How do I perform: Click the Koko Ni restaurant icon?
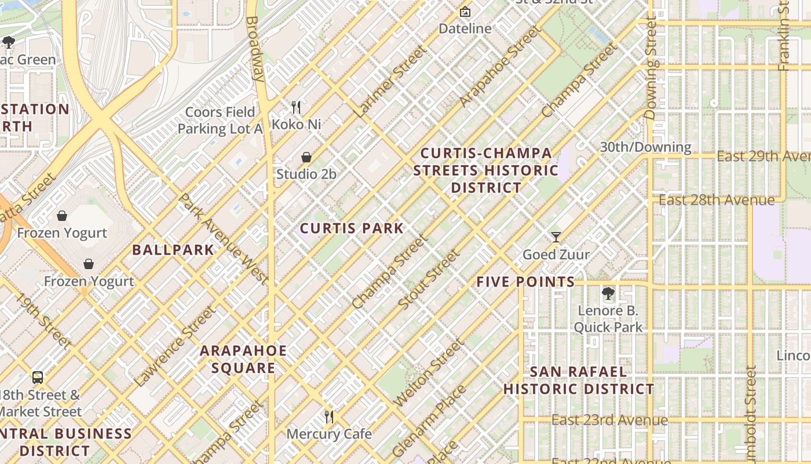296,107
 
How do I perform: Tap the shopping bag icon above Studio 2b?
306,157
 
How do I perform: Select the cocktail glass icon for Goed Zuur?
556,237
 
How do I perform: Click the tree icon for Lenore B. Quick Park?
608,293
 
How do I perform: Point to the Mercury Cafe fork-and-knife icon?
329,416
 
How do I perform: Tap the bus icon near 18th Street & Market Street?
38,377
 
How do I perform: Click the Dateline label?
465,28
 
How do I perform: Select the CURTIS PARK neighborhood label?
352,228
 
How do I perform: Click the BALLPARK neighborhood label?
173,250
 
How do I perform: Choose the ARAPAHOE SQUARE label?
243,360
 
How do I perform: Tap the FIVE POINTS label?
525,282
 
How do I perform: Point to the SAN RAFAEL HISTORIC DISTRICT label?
579,380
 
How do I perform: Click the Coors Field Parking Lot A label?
220,120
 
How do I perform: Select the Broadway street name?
255,49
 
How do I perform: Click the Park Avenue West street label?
223,239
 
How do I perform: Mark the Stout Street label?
429,279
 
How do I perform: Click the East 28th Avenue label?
717,200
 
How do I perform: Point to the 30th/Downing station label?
645,147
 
